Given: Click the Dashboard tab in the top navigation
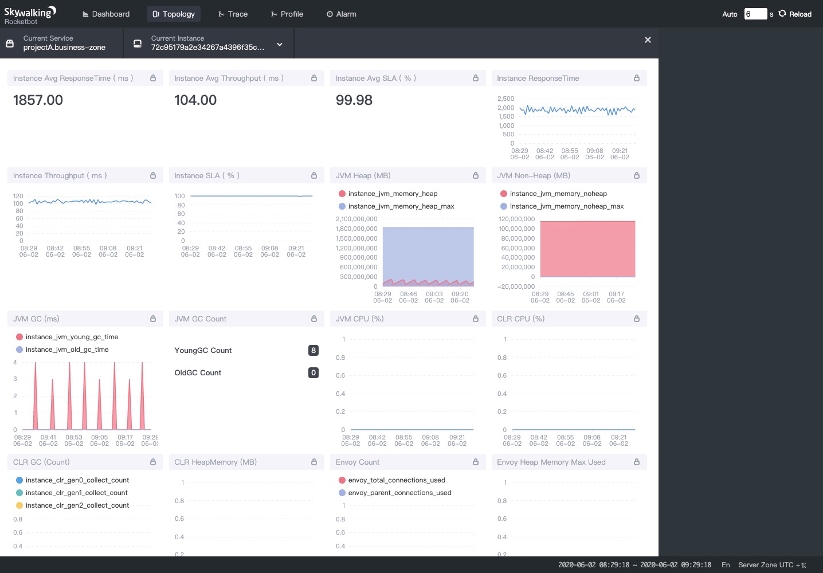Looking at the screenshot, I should tap(106, 14).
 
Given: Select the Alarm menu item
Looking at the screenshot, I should tap(342, 14).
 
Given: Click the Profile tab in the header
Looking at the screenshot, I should tap(287, 14).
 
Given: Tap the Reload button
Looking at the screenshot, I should tap(795, 14).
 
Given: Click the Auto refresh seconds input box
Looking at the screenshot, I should tap(755, 14).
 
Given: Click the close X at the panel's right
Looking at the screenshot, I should tap(648, 40).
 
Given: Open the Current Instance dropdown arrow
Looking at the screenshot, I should tap(280, 44).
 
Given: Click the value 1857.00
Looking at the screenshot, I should tap(38, 100).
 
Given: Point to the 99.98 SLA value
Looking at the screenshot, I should tap(354, 100).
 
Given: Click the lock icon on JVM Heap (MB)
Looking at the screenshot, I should tap(476, 175).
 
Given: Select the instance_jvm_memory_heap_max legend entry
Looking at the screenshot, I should tap(401, 206).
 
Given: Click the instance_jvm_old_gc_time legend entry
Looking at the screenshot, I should tap(66, 350).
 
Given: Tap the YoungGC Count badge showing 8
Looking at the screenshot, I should tap(313, 350).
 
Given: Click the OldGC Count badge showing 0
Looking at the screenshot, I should tap(313, 372).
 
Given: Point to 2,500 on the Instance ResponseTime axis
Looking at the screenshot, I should tap(505, 99).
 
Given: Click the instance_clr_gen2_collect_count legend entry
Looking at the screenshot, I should tap(77, 505).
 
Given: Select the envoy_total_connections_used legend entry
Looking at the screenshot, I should tap(396, 480).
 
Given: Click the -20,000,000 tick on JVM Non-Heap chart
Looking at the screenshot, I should tap(516, 286).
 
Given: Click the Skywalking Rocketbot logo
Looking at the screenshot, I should tap(30, 15).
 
